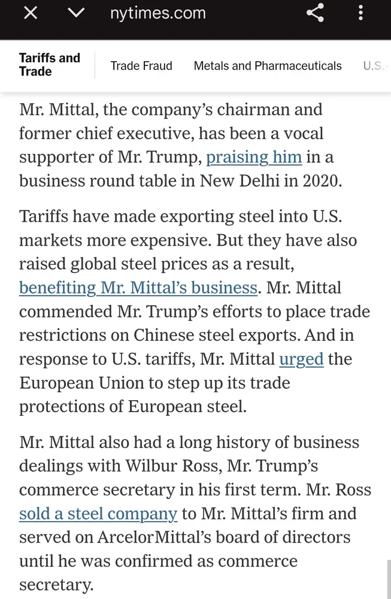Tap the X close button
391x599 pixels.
30,14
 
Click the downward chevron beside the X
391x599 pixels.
76,14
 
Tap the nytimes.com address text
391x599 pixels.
158,14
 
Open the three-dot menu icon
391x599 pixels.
360,14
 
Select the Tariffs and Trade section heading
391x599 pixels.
49,65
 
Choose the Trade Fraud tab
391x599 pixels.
141,66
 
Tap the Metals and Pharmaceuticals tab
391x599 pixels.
268,66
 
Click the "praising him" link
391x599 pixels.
254,157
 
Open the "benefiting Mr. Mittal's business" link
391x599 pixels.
138,288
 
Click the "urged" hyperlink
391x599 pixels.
301,359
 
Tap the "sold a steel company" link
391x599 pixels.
98,514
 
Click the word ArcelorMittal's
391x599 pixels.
147,537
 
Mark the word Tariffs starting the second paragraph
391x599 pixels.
43,216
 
